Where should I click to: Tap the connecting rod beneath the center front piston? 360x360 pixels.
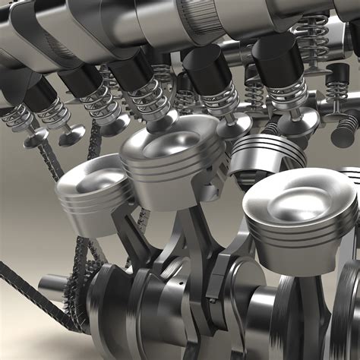tap(201, 228)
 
